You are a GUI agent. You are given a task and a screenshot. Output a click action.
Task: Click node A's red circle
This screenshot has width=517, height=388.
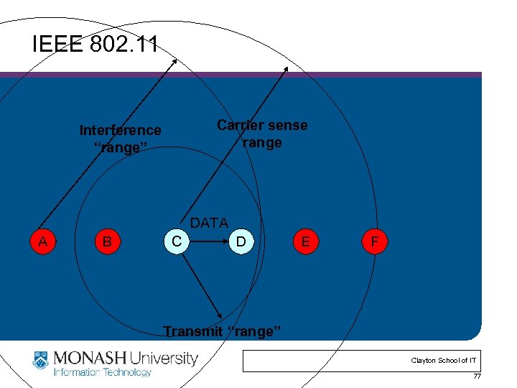point(42,241)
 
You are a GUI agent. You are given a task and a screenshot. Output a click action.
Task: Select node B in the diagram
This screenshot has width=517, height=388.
point(106,241)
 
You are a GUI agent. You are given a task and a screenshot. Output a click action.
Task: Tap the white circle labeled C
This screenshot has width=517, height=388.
point(177,241)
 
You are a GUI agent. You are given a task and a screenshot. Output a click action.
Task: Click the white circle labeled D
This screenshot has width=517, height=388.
point(241,242)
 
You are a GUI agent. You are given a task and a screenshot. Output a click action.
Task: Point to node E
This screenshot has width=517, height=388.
point(305,242)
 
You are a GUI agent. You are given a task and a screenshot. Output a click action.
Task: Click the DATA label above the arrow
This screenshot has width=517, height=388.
point(209,223)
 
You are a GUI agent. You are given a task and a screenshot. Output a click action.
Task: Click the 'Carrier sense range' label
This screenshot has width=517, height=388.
point(262,134)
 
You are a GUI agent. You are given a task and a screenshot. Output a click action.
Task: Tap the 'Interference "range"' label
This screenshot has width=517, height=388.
point(121,139)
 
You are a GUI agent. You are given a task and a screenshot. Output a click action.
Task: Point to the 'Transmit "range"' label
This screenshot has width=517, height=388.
point(222,331)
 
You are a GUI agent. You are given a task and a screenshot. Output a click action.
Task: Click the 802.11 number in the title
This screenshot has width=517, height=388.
point(124,45)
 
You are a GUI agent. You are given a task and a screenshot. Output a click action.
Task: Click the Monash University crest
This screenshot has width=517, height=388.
point(42,360)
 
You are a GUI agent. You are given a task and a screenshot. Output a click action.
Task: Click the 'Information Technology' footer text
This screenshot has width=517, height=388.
point(103,372)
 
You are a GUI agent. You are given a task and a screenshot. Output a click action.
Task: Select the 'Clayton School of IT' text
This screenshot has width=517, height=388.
point(443,361)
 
